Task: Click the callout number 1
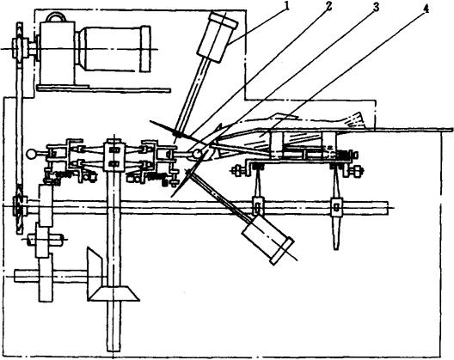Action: (286, 6)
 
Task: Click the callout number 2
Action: (329, 6)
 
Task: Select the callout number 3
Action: (376, 7)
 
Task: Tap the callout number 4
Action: (426, 9)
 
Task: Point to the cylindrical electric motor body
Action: (112, 49)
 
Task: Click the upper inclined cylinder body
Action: (218, 36)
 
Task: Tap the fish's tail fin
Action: (357, 119)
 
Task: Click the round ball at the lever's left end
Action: (30, 154)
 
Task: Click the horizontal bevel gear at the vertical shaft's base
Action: (113, 294)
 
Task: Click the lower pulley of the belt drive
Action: (19, 206)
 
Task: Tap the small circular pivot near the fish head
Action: (197, 154)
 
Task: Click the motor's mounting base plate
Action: (104, 88)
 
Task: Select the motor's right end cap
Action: (145, 49)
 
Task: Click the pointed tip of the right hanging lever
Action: (336, 248)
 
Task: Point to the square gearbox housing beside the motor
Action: (58, 53)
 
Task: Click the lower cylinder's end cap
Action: (282, 251)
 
